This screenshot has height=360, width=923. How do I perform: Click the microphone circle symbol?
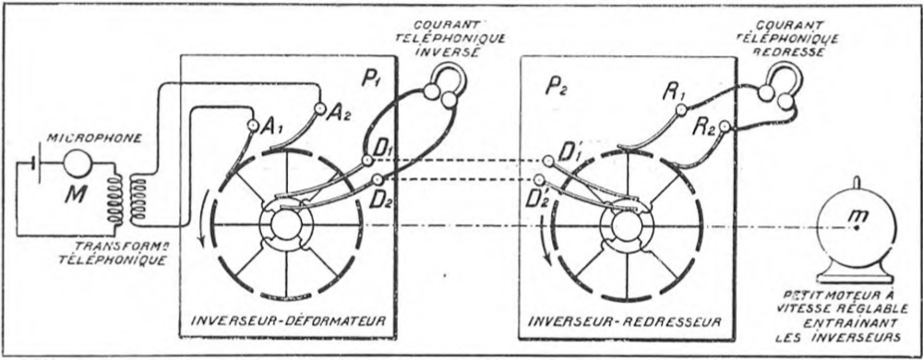(x=78, y=163)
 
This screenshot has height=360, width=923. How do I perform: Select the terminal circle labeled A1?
(x=253, y=125)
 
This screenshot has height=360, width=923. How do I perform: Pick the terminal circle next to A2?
(x=319, y=108)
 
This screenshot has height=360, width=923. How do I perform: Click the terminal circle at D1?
(x=367, y=160)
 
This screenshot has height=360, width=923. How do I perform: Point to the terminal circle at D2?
(x=378, y=179)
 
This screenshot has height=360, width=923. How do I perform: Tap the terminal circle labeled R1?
(x=681, y=109)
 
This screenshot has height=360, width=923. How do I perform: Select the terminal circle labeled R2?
(x=724, y=126)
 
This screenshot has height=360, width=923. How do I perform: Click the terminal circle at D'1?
(x=548, y=161)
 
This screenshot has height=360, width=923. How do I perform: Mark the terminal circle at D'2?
(x=539, y=179)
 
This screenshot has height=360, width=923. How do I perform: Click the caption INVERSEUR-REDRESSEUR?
(x=625, y=321)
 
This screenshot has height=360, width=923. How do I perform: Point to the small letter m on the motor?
(x=857, y=218)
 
